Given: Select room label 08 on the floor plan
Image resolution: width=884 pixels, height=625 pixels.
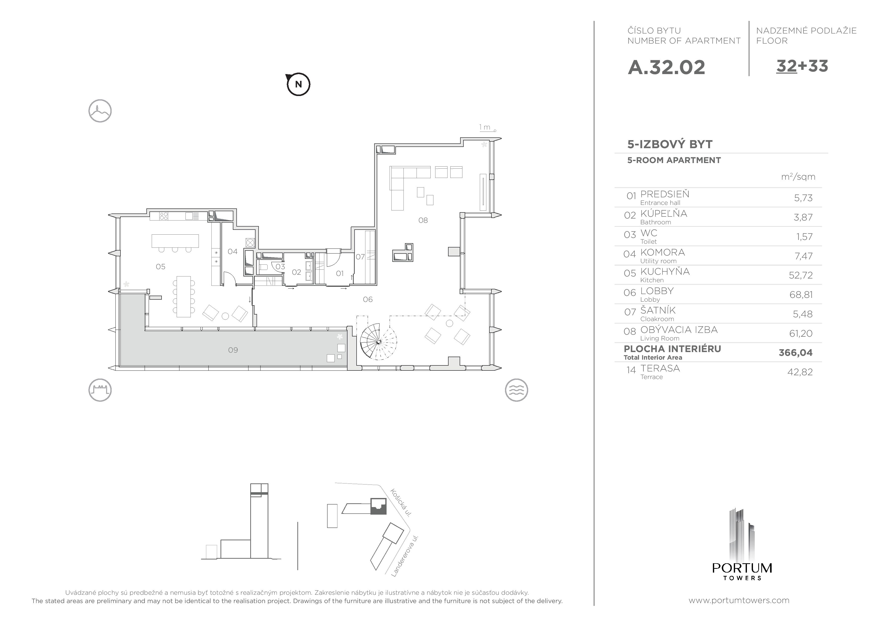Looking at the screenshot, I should click(x=423, y=220).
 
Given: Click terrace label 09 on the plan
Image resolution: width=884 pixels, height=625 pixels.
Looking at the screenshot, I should click(x=233, y=350).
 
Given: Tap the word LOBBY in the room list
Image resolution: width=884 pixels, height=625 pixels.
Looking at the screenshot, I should click(x=657, y=291).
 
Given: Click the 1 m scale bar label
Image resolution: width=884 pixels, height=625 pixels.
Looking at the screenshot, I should click(x=485, y=127).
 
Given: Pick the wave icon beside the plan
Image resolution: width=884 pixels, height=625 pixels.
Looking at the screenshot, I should click(x=516, y=390).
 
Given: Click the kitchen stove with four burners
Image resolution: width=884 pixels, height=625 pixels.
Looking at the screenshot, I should click(x=164, y=216).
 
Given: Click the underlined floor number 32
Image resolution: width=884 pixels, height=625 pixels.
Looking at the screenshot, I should click(x=786, y=66).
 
